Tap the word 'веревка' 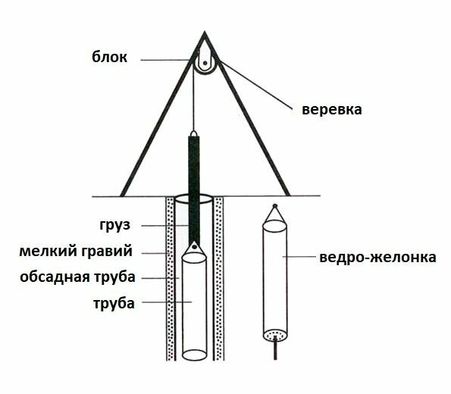tap(332, 110)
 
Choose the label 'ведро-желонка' tap(377, 258)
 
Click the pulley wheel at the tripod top tap(205, 64)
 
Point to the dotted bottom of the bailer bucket tap(276, 334)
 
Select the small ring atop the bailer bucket tap(274, 206)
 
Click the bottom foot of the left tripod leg tap(123, 192)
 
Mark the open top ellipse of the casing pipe tap(194, 199)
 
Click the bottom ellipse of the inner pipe tap(195, 353)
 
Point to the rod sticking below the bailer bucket tap(277, 351)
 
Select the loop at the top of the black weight tap(195, 134)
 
